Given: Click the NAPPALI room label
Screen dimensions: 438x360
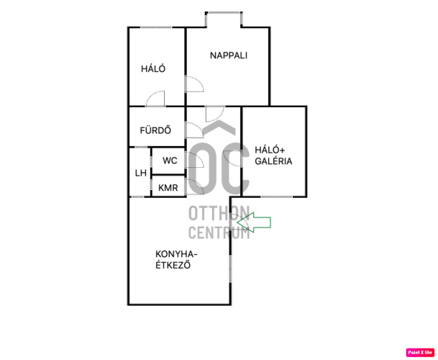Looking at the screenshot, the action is coord(229,55).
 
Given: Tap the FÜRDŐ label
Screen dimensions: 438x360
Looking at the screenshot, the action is coord(155,130).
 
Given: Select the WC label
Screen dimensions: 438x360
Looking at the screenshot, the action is coord(170,161).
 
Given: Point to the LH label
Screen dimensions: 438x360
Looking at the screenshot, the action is coord(141,173).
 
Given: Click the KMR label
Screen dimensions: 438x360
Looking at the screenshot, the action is coord(168,188).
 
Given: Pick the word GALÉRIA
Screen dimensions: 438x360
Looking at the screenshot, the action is coord(273,161).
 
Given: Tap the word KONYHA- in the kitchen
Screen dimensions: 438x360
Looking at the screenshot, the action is coord(176,254).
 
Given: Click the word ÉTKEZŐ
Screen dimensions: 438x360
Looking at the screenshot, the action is coord(173,265).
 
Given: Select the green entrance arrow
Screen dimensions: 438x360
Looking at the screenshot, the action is coord(254,222).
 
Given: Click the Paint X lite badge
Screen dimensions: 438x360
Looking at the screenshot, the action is coord(420,352).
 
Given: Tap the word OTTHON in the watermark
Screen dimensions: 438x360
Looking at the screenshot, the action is coord(219,213).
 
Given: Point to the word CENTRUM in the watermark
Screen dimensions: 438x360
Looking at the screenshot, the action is coord(219,233).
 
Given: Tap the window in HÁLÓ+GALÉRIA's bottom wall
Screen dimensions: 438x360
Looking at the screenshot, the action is coord(277,197).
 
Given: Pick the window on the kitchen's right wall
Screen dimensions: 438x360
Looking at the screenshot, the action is coord(230,268).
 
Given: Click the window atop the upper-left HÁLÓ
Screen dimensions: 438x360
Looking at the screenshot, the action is coord(156,27).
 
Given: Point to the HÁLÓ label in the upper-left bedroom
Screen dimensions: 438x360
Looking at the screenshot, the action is coord(153,69).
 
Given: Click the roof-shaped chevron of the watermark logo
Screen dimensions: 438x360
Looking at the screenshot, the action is coord(219,127).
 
